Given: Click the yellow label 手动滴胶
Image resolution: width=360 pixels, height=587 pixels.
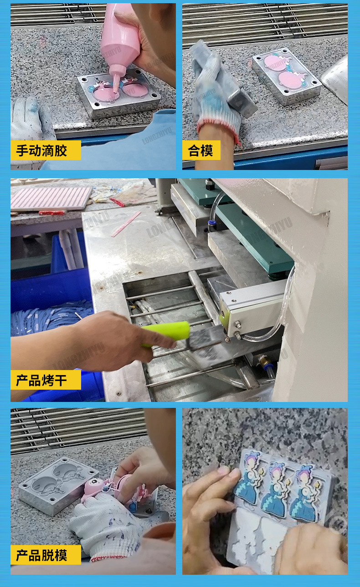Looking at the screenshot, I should [46, 150].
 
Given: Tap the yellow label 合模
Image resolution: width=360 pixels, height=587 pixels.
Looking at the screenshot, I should [201, 150].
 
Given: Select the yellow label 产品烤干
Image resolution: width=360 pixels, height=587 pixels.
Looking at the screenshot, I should [46, 380].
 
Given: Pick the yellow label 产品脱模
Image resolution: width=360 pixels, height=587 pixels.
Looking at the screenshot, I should [46, 555].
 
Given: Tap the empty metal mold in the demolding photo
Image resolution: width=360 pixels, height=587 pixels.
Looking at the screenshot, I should [58, 483].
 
